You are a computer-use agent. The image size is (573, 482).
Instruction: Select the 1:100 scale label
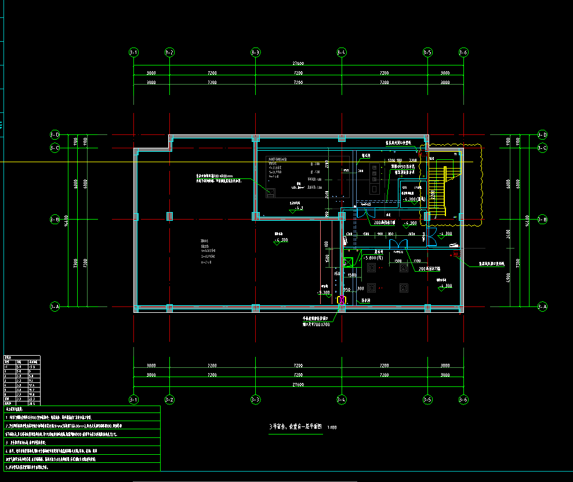click(332, 428)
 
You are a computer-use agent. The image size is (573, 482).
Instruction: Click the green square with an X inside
click(349, 262)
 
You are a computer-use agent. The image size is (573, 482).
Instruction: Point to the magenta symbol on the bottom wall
click(342, 300)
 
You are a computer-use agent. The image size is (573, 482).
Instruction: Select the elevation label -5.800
click(372, 257)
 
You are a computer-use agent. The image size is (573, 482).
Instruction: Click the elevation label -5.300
click(324, 293)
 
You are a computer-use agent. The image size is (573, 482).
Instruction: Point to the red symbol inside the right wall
click(456, 254)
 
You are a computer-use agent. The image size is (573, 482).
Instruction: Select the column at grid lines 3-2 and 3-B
click(169, 217)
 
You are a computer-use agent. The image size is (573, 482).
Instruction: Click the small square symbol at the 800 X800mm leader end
click(269, 193)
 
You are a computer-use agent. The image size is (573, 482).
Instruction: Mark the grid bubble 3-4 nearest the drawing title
click(342, 399)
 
